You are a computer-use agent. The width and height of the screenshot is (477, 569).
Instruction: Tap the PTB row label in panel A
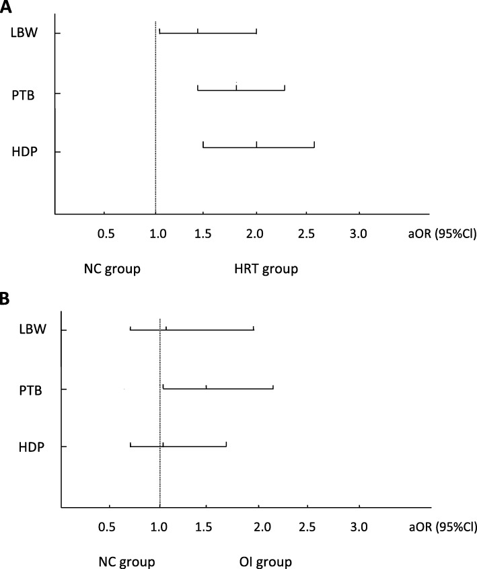click(24, 93)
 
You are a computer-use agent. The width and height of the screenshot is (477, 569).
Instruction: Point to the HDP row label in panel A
click(25, 151)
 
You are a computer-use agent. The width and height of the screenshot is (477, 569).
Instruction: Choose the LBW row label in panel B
click(32, 330)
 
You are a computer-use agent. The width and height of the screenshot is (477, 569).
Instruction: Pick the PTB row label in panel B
click(31, 389)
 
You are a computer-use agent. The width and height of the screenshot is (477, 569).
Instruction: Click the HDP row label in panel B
click(32, 447)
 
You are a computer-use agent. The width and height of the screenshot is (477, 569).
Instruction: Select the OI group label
click(264, 561)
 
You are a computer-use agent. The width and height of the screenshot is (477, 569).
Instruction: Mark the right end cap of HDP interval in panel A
click(314, 145)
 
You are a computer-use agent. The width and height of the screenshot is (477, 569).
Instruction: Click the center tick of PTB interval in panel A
click(237, 86)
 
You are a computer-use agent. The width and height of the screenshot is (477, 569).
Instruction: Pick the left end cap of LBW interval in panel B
click(130, 328)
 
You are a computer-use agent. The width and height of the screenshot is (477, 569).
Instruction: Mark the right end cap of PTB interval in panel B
click(273, 387)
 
